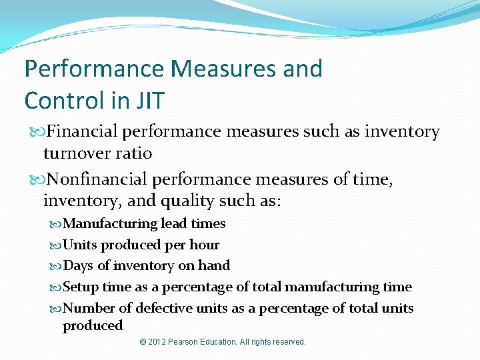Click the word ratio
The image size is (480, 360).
[x=134, y=153]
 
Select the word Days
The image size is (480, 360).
[x=78, y=265]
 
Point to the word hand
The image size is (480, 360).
[x=214, y=265]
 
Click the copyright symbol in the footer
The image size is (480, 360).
[x=143, y=342]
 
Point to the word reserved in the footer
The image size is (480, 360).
[x=287, y=342]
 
